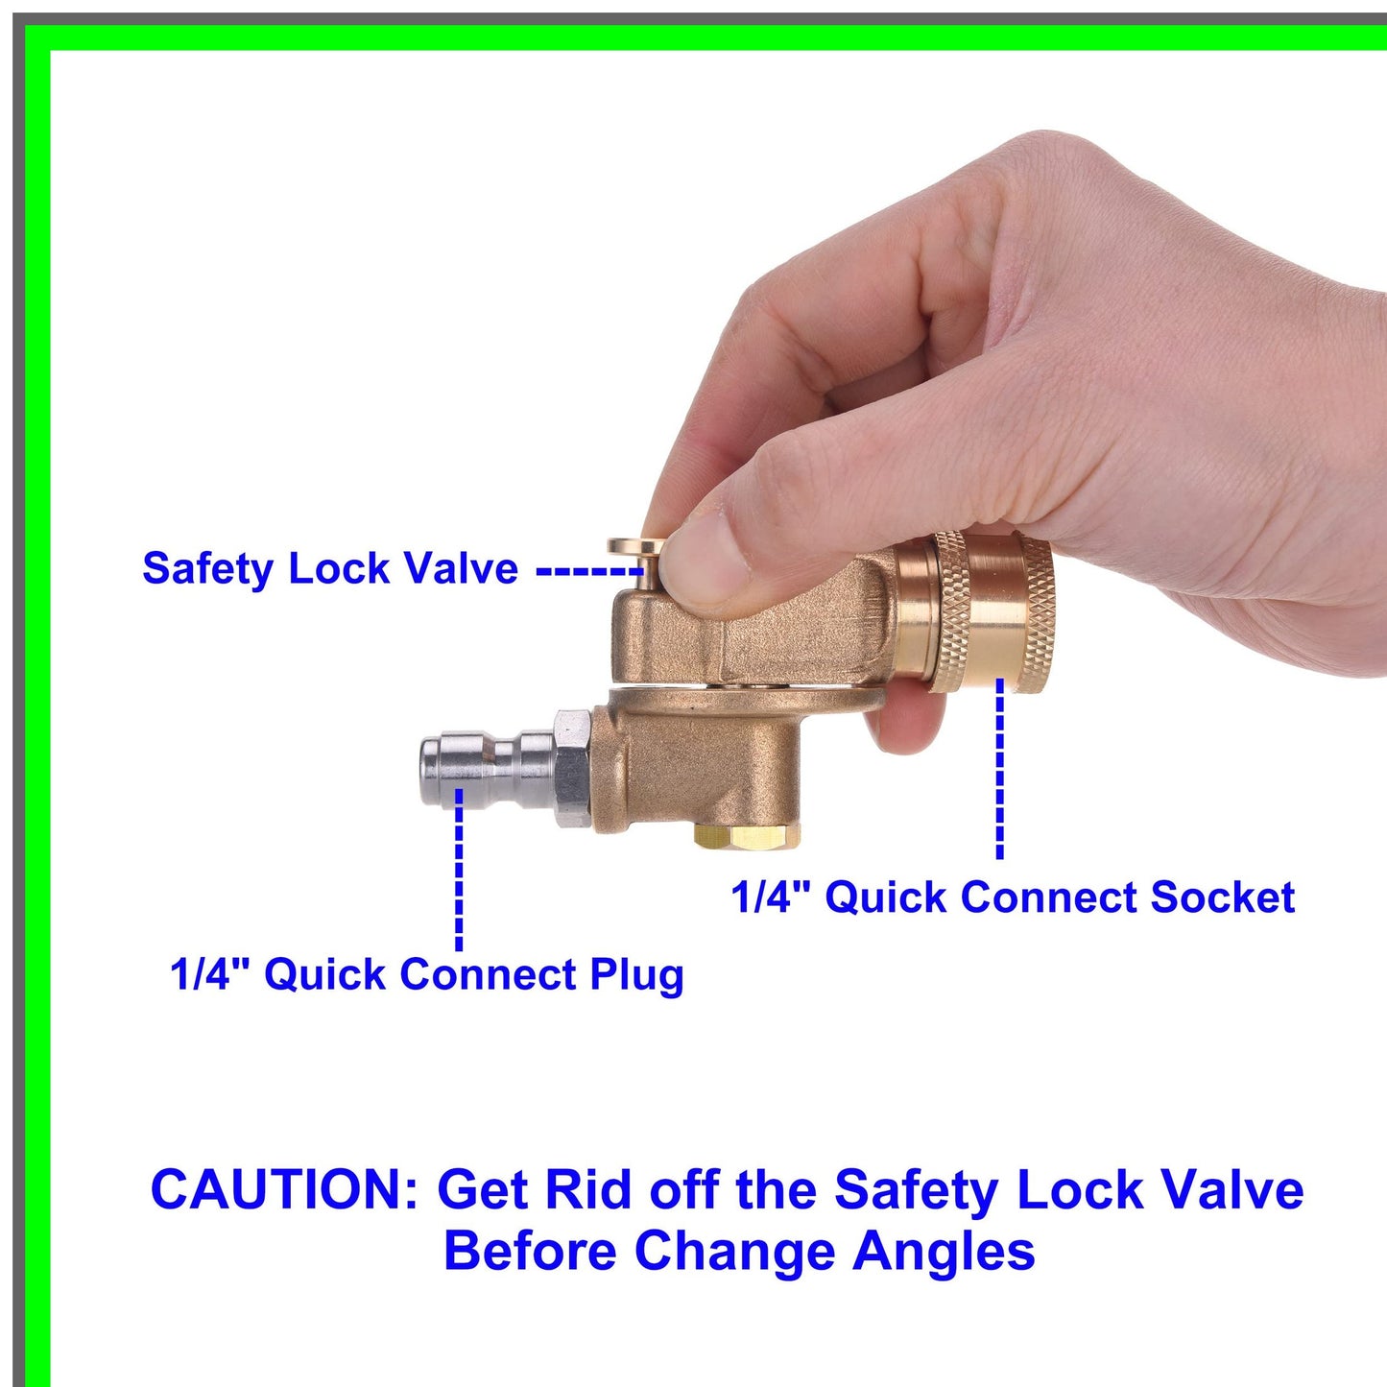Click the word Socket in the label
(x=1222, y=897)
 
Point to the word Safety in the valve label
(x=208, y=568)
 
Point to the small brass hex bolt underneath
(x=749, y=835)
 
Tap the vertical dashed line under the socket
(x=999, y=768)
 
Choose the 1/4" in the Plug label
(x=209, y=975)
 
